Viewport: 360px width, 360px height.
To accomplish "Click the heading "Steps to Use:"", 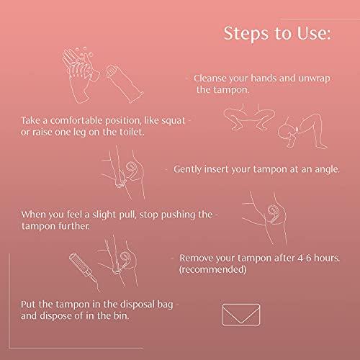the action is point(277,33).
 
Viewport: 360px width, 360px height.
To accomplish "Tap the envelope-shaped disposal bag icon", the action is point(241,315).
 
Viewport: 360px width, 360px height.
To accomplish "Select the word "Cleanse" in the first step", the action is point(210,78).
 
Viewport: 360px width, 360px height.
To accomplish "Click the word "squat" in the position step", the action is point(174,120).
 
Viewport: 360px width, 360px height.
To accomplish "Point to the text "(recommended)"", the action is point(212,269).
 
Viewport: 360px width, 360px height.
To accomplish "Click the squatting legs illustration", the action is point(249,117).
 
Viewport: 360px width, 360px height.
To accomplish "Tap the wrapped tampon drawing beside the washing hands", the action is point(125,84).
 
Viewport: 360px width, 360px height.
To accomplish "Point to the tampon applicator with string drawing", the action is point(84,272).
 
